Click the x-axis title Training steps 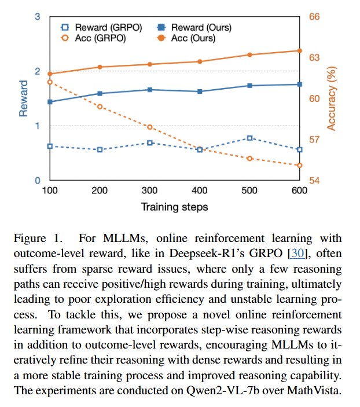click(x=174, y=207)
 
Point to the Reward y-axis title click(x=24, y=99)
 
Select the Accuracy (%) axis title click(x=332, y=98)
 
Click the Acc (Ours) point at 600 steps click(x=299, y=50)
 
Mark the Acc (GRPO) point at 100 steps click(x=50, y=82)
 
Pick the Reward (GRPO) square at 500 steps click(x=249, y=138)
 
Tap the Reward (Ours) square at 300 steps click(x=150, y=90)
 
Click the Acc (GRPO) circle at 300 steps click(x=150, y=127)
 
